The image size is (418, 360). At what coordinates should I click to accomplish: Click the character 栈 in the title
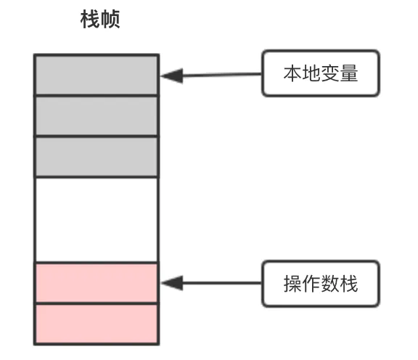click(x=90, y=19)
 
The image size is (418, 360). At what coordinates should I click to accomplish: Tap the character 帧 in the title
click(x=110, y=19)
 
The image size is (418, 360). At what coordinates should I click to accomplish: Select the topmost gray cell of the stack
click(x=97, y=75)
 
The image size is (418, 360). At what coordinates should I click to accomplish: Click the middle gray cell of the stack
click(x=97, y=116)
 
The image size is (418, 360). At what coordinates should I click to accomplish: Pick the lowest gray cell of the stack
click(x=97, y=157)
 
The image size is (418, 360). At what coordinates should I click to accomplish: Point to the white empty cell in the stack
click(x=97, y=220)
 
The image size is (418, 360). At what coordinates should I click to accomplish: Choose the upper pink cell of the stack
click(x=97, y=283)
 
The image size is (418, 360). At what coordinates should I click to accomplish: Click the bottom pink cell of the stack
click(x=97, y=324)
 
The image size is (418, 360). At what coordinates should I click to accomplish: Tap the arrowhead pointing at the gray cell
click(x=172, y=76)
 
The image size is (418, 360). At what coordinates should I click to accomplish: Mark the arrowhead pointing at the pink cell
click(x=172, y=283)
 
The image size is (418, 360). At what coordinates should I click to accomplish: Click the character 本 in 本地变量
click(x=292, y=73)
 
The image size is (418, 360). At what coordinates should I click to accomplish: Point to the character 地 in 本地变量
click(x=311, y=73)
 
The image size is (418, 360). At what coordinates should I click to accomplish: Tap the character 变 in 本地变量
click(x=330, y=73)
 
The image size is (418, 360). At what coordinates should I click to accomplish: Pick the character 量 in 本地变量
click(x=348, y=73)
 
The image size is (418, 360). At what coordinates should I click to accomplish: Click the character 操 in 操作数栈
click(x=292, y=284)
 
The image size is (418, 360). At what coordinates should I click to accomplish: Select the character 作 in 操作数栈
click(x=311, y=284)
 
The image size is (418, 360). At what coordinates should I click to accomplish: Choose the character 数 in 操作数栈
click(x=330, y=284)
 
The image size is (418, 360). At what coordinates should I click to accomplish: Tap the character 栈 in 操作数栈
click(x=348, y=284)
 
